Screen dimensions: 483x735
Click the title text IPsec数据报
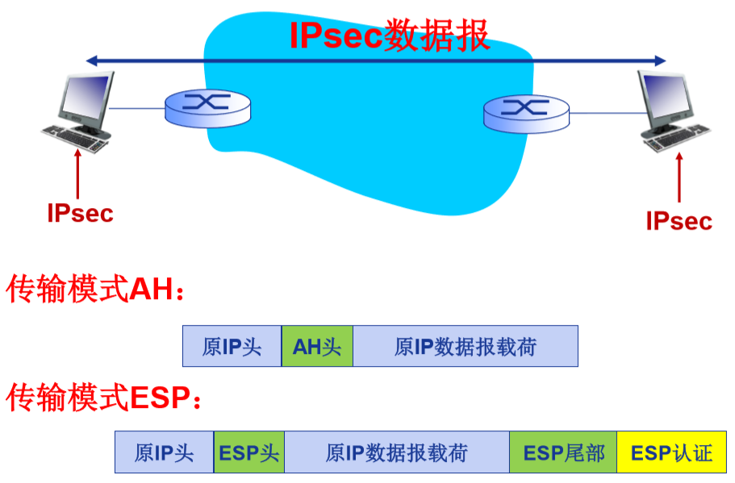click(x=390, y=36)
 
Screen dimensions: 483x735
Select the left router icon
click(x=207, y=106)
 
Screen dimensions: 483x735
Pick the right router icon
click(x=526, y=110)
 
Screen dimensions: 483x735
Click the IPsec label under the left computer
click(x=80, y=214)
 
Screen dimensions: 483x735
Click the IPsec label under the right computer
click(x=679, y=221)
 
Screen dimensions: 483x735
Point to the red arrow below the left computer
click(x=78, y=175)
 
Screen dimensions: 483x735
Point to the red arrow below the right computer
click(x=679, y=178)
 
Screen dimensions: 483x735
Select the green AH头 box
click(x=317, y=347)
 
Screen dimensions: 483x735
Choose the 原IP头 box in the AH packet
click(x=232, y=347)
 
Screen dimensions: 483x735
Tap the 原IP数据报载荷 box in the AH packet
click(x=466, y=347)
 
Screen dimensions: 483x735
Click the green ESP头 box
click(x=249, y=452)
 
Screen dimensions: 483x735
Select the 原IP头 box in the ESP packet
click(x=165, y=452)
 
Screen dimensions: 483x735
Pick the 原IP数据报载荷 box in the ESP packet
click(x=397, y=452)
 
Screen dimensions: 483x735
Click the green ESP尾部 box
click(x=563, y=452)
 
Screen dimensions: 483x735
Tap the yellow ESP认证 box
click(x=671, y=452)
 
